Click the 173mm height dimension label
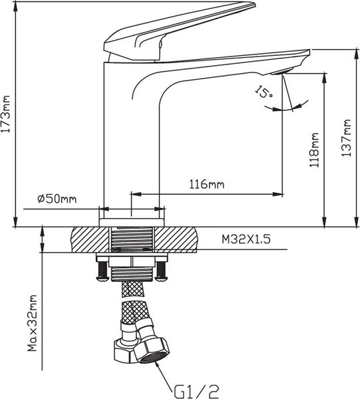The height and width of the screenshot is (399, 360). click(x=5, y=114)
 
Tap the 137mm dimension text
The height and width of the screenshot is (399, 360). click(x=346, y=138)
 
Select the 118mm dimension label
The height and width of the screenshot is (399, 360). click(x=314, y=150)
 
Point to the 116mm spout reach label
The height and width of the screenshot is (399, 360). click(x=207, y=184)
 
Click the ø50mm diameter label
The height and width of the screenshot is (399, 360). click(x=57, y=198)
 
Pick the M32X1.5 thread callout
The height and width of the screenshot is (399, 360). click(x=246, y=239)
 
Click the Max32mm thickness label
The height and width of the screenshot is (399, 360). click(x=33, y=323)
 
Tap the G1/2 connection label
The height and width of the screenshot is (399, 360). click(x=196, y=391)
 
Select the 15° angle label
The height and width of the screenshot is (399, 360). click(x=264, y=92)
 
